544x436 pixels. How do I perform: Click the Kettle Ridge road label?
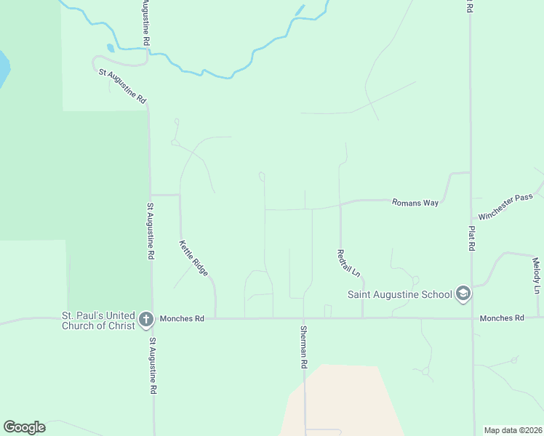194,258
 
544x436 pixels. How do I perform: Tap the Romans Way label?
415,203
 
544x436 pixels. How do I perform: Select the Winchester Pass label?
506,206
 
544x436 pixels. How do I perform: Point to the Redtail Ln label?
348,263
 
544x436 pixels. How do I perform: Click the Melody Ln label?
536,275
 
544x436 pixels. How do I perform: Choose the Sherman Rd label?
304,346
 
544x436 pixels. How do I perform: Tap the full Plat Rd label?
471,238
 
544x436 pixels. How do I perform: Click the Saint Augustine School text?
399,294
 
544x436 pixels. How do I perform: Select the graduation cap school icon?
463,294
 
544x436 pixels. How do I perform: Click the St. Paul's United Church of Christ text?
98,320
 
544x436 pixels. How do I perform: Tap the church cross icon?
146,318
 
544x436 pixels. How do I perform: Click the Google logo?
24,427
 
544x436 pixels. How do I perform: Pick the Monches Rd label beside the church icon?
183,318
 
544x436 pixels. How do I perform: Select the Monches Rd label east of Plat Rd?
502,318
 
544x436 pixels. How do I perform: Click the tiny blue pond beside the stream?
111,48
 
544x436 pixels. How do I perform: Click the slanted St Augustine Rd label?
123,85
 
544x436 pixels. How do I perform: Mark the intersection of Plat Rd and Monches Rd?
472,318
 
